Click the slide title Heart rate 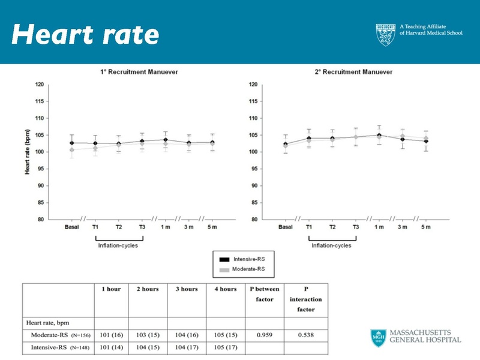[x=85, y=35]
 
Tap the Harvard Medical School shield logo [x=386, y=35]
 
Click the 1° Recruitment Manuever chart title [x=139, y=72]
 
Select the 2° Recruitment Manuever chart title [x=353, y=72]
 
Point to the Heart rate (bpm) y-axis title [x=28, y=151]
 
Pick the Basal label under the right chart [x=286, y=227]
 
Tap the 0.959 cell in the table [x=265, y=334]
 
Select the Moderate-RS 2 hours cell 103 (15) [x=148, y=334]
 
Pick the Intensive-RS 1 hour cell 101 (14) [x=110, y=347]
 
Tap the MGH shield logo [x=377, y=338]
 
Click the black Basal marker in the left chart [x=72, y=143]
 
